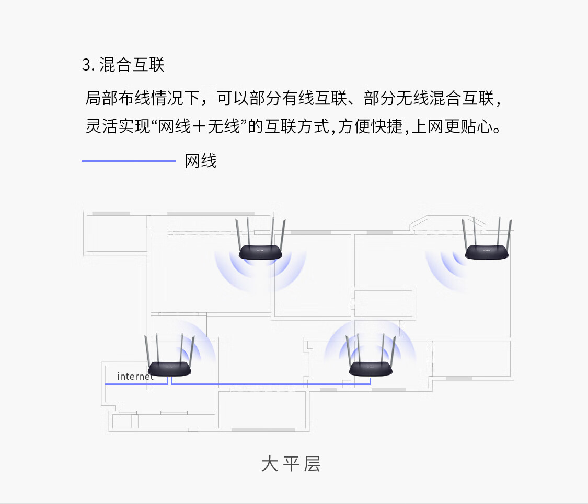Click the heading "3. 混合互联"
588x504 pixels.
point(123,65)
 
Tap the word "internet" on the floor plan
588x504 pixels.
point(135,376)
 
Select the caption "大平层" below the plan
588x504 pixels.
point(291,463)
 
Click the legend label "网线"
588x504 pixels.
point(201,161)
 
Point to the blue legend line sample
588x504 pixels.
point(129,161)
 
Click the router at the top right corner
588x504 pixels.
point(487,253)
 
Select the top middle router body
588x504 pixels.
point(260,253)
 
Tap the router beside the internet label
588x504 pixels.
point(169,369)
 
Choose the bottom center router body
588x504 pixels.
point(371,369)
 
